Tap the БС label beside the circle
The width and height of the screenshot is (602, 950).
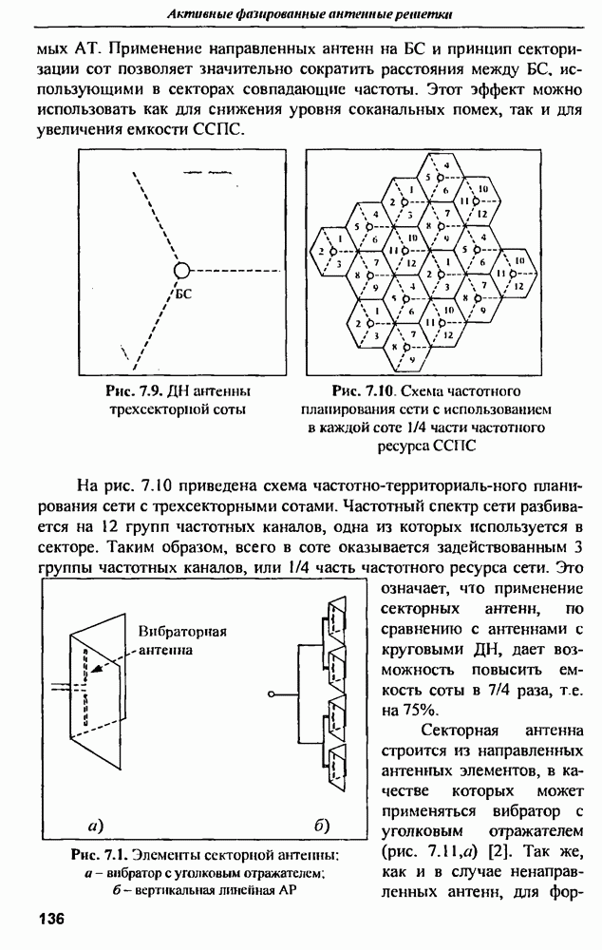(x=183, y=294)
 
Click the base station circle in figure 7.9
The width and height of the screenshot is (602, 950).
(x=182, y=270)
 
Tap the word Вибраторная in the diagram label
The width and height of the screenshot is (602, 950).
(x=178, y=632)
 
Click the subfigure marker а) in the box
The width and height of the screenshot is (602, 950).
(x=94, y=822)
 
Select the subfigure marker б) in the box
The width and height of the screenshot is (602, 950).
(x=321, y=822)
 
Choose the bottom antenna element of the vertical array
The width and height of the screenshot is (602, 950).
(x=338, y=768)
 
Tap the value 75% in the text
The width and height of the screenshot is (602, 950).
(x=402, y=709)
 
